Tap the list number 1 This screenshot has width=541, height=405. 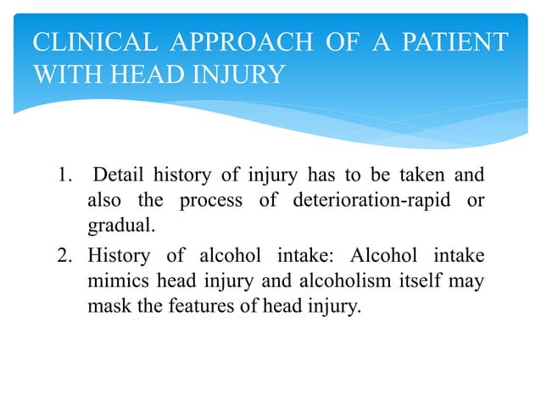click(x=64, y=176)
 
